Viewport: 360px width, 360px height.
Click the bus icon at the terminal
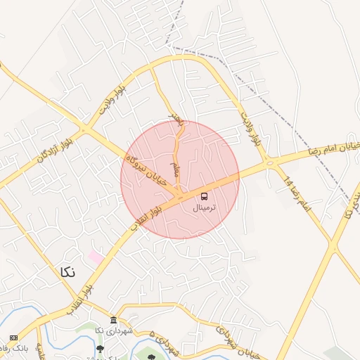pos(205,196)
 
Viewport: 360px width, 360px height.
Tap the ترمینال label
pos(205,208)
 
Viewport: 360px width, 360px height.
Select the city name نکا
pos(67,271)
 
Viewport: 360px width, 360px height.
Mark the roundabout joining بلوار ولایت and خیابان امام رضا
pos(269,165)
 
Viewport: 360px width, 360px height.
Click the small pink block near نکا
pos(95,257)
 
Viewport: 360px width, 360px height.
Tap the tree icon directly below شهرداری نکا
pos(100,347)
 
